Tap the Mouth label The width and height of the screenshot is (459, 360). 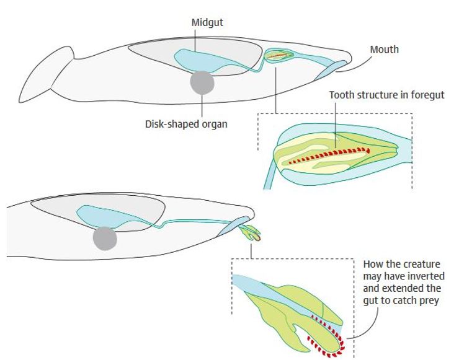tap(385, 49)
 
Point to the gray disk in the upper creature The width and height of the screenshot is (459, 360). tap(202, 82)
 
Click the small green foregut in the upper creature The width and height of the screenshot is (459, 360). tap(279, 56)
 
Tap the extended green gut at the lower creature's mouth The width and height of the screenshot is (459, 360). tap(252, 233)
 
